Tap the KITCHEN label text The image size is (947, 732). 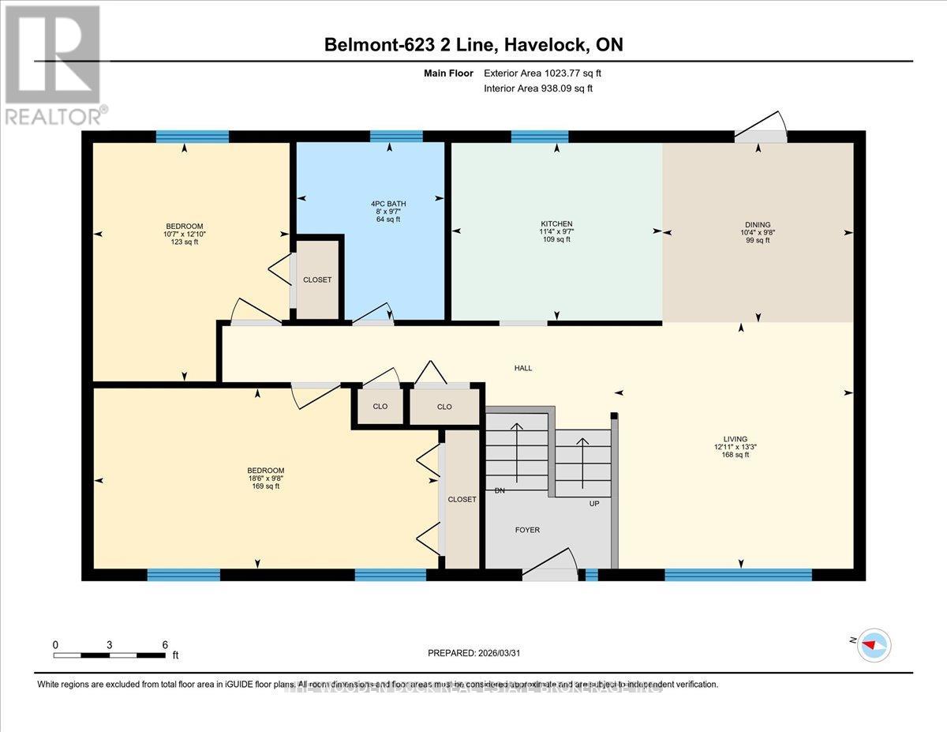coord(556,224)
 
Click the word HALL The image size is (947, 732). coord(523,368)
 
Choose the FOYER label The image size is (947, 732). coord(527,530)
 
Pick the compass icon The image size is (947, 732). coord(872,644)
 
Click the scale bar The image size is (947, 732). coord(110,655)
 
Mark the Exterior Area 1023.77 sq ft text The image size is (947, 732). coord(548,73)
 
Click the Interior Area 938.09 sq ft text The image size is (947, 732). coord(538,88)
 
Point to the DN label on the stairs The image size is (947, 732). coord(500,490)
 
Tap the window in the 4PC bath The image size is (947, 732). coord(396,136)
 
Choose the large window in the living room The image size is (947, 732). coord(738,575)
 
